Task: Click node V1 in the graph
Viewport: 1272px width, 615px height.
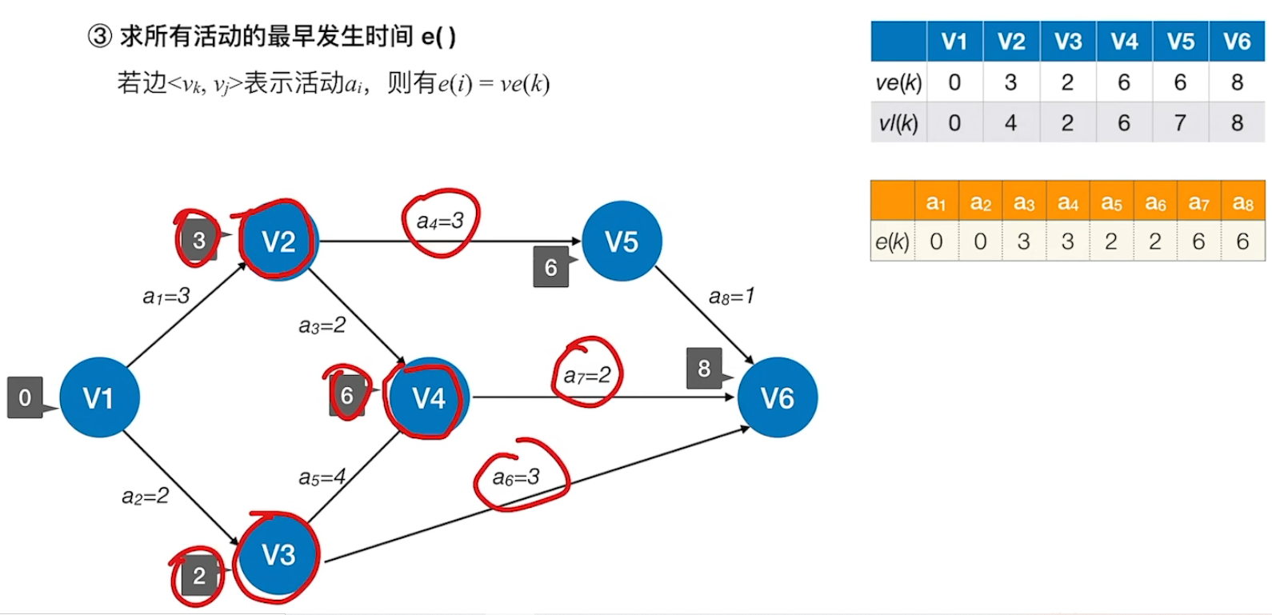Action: coord(99,397)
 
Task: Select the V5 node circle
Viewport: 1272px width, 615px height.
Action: coord(622,241)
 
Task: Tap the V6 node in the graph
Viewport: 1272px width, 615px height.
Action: coord(777,397)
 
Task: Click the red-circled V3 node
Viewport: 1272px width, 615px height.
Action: coord(278,554)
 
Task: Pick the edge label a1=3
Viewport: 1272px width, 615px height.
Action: coord(166,296)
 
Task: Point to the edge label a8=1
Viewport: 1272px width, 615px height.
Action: coord(731,296)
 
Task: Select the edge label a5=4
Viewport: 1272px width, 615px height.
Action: coord(322,477)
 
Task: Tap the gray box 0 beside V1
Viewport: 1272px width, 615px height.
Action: coord(25,397)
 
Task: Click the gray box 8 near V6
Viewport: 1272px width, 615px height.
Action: coord(704,368)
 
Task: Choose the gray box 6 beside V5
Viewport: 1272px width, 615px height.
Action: coord(550,267)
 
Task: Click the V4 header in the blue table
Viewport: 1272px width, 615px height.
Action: coord(1124,42)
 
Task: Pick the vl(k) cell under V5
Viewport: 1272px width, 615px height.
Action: coord(1180,122)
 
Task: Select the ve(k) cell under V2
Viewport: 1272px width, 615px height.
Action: coord(1011,82)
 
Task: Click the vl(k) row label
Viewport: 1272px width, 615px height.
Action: coord(898,122)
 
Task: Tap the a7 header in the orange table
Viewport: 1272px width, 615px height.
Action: coord(1198,202)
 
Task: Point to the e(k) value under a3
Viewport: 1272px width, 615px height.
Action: coord(1024,241)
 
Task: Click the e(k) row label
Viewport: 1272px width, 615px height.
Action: coord(892,241)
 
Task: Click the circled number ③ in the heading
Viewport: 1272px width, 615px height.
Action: coord(99,36)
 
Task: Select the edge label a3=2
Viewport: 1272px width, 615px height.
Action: coord(322,325)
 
